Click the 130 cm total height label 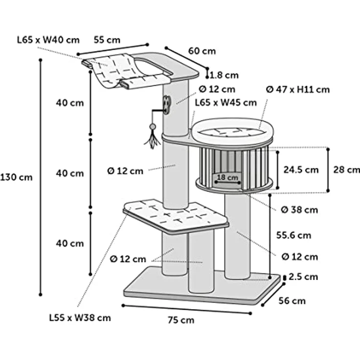[16, 178]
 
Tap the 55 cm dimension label [107, 40]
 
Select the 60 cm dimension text [202, 51]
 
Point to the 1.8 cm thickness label [225, 75]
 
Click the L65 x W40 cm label [48, 40]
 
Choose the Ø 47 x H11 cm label [298, 90]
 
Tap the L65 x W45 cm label [226, 103]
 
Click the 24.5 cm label [301, 170]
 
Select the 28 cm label [347, 170]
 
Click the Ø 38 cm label [300, 210]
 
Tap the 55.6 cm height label [293, 235]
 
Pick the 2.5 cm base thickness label [303, 277]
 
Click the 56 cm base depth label [292, 301]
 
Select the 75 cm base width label [181, 320]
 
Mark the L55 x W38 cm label [80, 318]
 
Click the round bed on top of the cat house [232, 132]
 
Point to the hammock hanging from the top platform [124, 72]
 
